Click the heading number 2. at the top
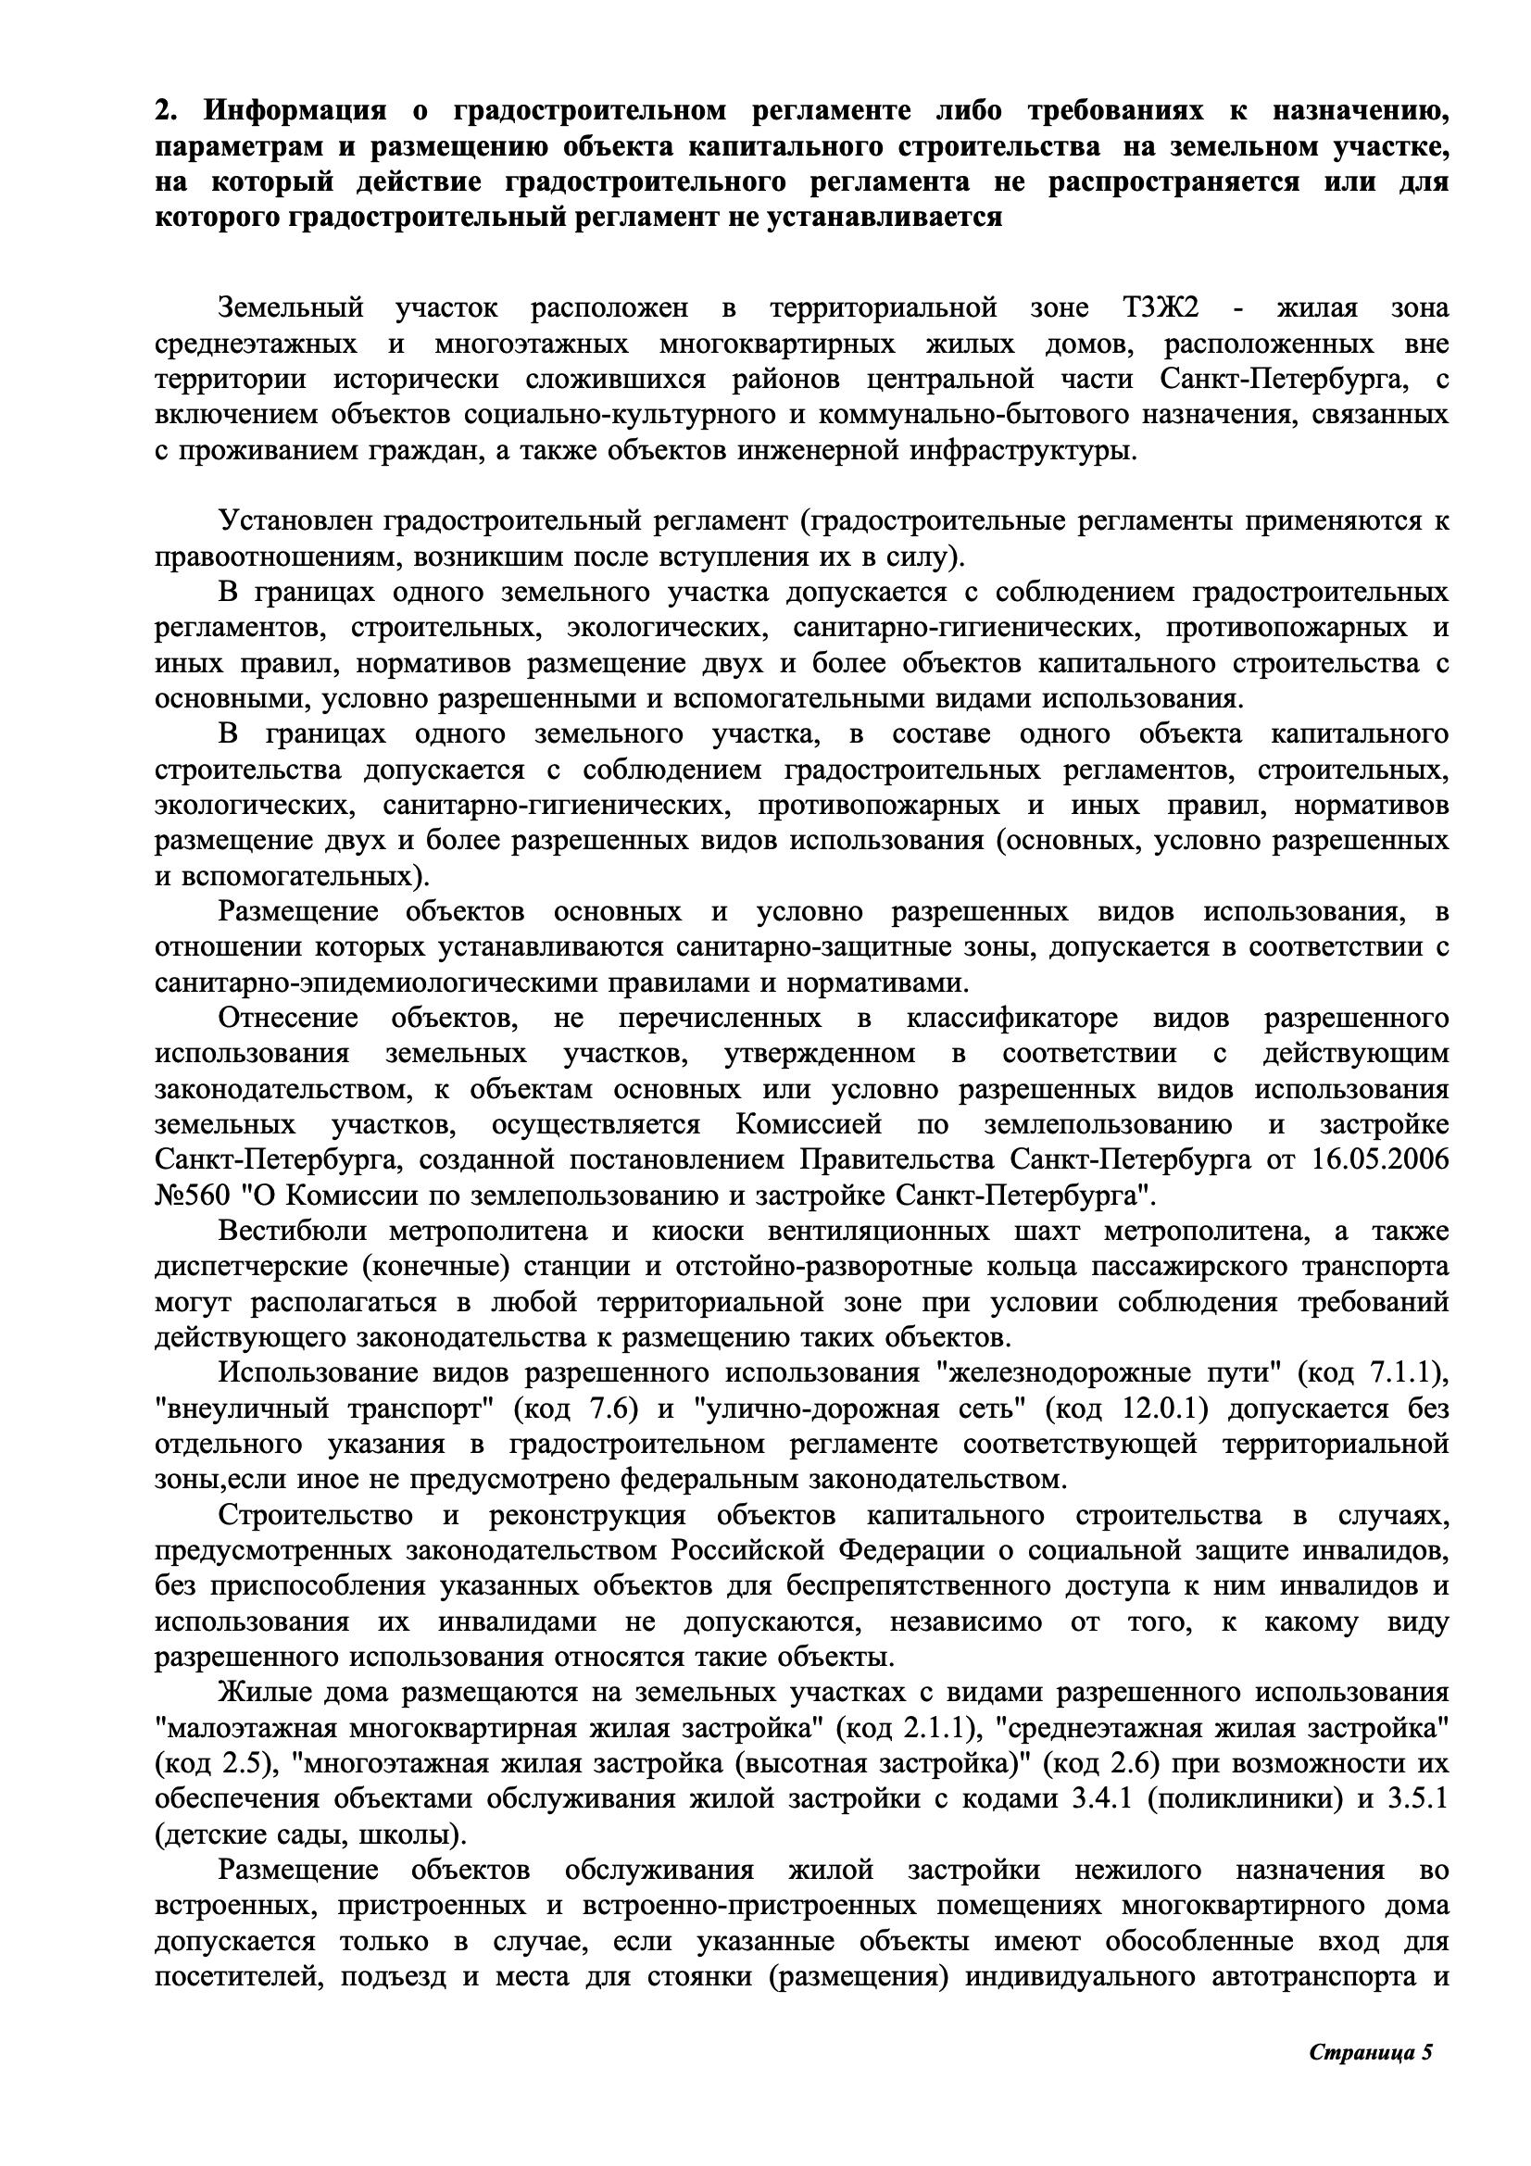click(x=166, y=111)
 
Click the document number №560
click(x=193, y=1196)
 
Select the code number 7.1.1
click(x=1408, y=1373)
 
